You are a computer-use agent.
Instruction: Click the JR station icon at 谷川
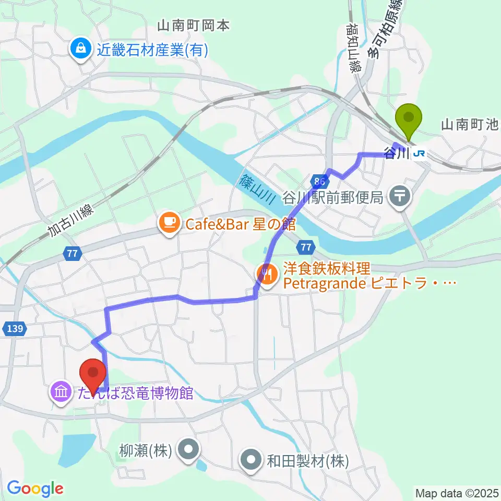point(418,154)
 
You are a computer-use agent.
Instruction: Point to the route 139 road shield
point(15,329)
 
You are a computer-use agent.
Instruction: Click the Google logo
point(35,488)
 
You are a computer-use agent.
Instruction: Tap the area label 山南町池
point(470,125)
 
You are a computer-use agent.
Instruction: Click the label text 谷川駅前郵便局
point(334,197)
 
